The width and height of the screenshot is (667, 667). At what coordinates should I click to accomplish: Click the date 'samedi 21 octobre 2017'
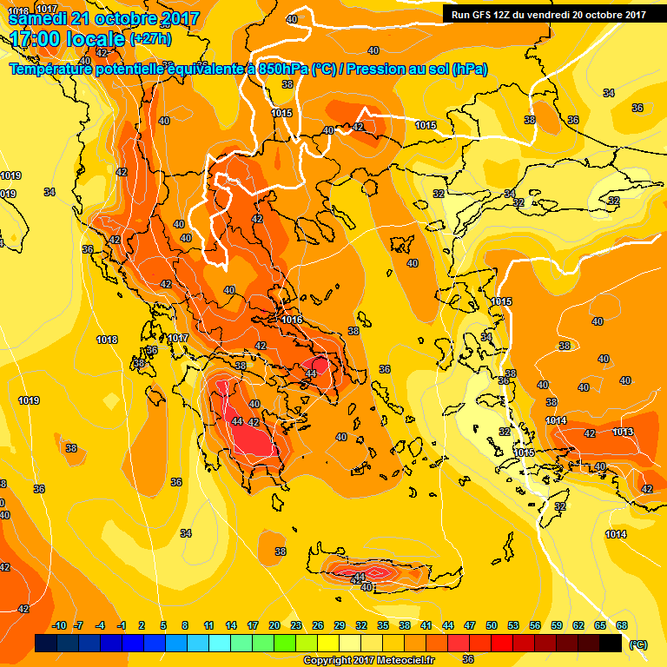[103, 18]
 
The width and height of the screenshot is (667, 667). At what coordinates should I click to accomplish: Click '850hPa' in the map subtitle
[283, 69]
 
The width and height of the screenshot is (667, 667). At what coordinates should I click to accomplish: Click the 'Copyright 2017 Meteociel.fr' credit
[368, 660]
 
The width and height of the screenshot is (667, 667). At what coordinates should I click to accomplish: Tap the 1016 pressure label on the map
[292, 320]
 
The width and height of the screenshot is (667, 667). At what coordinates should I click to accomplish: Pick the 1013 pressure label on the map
[622, 432]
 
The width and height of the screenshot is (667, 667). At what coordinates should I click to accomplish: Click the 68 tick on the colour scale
[622, 625]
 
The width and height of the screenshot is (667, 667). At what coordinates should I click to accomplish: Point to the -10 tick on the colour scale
[59, 625]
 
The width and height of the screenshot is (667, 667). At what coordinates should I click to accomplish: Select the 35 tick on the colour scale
[383, 625]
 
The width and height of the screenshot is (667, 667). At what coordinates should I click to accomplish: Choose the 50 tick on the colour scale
[492, 625]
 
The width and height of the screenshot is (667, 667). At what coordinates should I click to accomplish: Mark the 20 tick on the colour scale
[274, 625]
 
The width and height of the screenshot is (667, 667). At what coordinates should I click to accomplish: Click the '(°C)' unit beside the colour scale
[637, 644]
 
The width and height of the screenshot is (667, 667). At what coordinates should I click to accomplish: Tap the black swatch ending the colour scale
[611, 643]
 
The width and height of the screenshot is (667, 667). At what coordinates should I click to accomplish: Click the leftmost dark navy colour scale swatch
[46, 643]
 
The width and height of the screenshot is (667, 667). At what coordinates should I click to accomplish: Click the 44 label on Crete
[360, 576]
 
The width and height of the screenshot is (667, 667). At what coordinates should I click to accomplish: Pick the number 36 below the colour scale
[468, 659]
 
